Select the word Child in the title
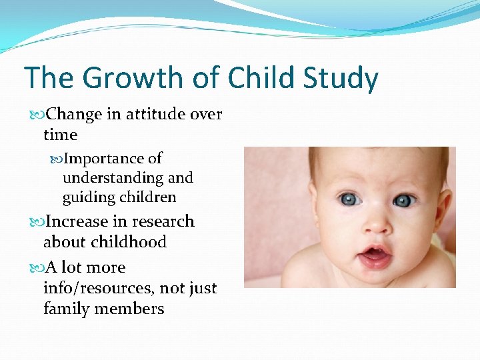[x=261, y=78]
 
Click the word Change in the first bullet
[x=74, y=115]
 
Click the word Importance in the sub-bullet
[x=104, y=159]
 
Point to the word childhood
[x=105, y=242]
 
